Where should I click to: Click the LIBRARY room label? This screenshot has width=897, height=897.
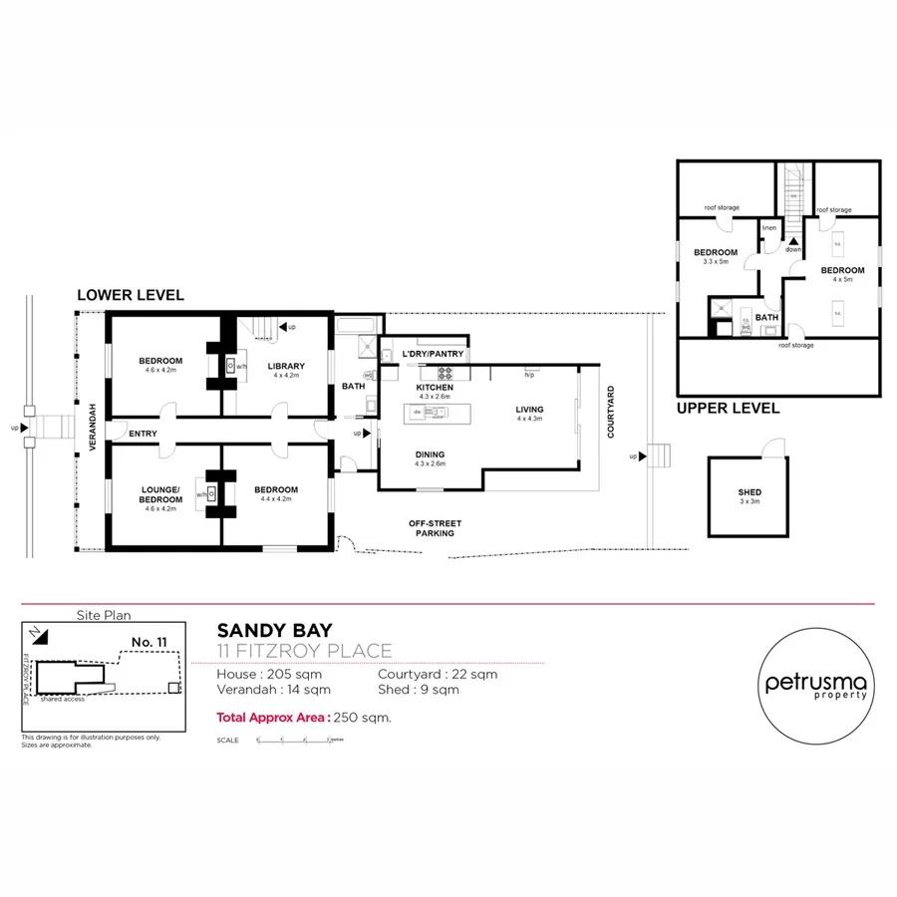tap(286, 366)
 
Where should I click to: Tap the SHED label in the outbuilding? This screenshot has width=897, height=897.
tap(749, 492)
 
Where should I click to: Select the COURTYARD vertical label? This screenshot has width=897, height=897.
tap(610, 412)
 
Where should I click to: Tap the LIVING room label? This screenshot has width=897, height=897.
tap(529, 410)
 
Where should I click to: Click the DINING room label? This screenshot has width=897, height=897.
tap(431, 454)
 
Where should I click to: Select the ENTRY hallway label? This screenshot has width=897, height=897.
tap(143, 433)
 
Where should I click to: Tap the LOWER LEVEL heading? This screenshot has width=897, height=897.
tap(131, 295)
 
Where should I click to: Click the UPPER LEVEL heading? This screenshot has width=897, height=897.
tap(728, 409)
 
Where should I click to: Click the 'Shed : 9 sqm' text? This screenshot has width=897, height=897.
tap(419, 689)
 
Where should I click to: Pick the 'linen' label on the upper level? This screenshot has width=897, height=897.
tap(768, 228)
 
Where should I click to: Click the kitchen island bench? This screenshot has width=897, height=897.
tap(436, 412)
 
